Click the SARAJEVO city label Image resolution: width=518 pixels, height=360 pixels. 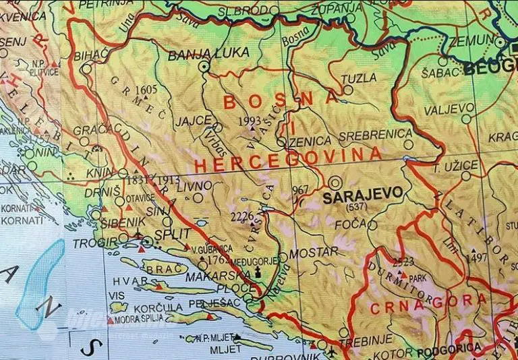click(363, 195)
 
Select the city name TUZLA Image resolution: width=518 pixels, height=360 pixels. click(359, 78)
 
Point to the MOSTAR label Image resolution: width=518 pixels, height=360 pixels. click(313, 251)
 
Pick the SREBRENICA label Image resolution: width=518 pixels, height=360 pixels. click(375, 134)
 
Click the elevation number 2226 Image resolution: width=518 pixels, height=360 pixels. click(241, 216)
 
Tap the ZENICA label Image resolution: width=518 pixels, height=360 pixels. click(311, 141)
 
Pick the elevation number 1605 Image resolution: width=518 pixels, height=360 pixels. click(145, 90)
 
